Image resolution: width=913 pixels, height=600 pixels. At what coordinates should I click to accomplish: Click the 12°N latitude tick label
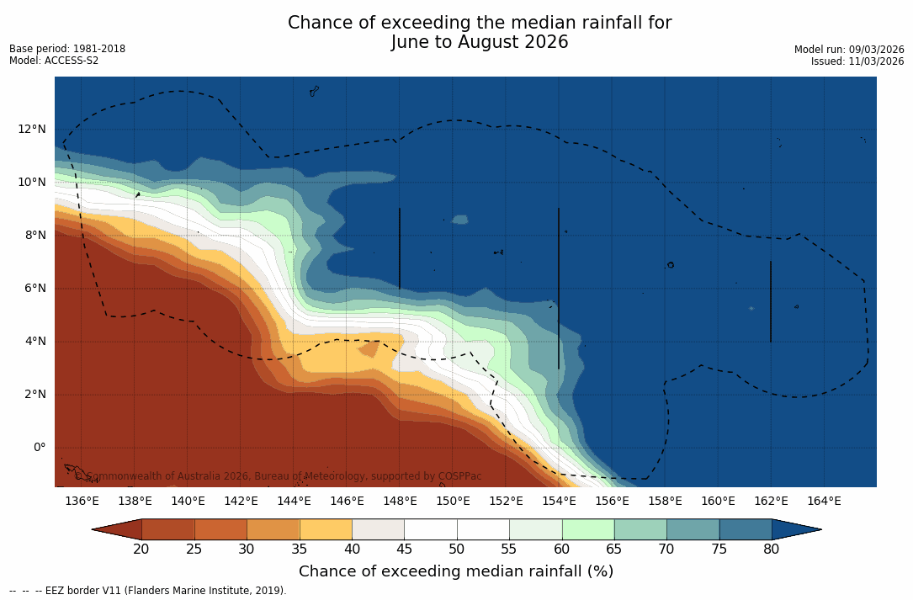pyautogui.click(x=32, y=129)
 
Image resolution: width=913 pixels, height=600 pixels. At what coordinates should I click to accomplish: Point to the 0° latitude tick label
pyautogui.click(x=40, y=447)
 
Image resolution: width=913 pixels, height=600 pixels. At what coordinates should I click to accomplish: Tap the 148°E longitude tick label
pyautogui.click(x=400, y=501)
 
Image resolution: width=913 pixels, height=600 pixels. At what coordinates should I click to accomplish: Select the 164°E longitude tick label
pyautogui.click(x=824, y=501)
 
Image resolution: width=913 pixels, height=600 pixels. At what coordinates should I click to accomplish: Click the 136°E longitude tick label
pyautogui.click(x=82, y=501)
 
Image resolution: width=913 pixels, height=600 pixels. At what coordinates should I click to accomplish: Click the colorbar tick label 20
pyautogui.click(x=141, y=550)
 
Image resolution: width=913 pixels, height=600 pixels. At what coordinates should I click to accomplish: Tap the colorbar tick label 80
pyautogui.click(x=772, y=550)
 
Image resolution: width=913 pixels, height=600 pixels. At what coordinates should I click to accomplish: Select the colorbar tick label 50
pyautogui.click(x=457, y=550)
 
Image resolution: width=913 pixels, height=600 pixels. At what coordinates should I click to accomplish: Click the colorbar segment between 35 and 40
pyautogui.click(x=326, y=529)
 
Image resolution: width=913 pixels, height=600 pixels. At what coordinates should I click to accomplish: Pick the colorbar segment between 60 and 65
pyautogui.click(x=588, y=529)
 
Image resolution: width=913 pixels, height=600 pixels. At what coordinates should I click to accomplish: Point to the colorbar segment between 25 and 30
pyautogui.click(x=220, y=529)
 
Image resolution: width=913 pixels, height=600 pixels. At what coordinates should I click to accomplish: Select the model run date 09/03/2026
pyautogui.click(x=876, y=50)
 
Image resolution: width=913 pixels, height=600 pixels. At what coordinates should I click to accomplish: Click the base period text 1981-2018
pyautogui.click(x=100, y=49)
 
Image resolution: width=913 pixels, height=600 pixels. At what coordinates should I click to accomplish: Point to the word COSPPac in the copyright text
pyautogui.click(x=459, y=476)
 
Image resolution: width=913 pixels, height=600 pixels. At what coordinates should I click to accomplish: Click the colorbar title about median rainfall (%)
pyautogui.click(x=456, y=571)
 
